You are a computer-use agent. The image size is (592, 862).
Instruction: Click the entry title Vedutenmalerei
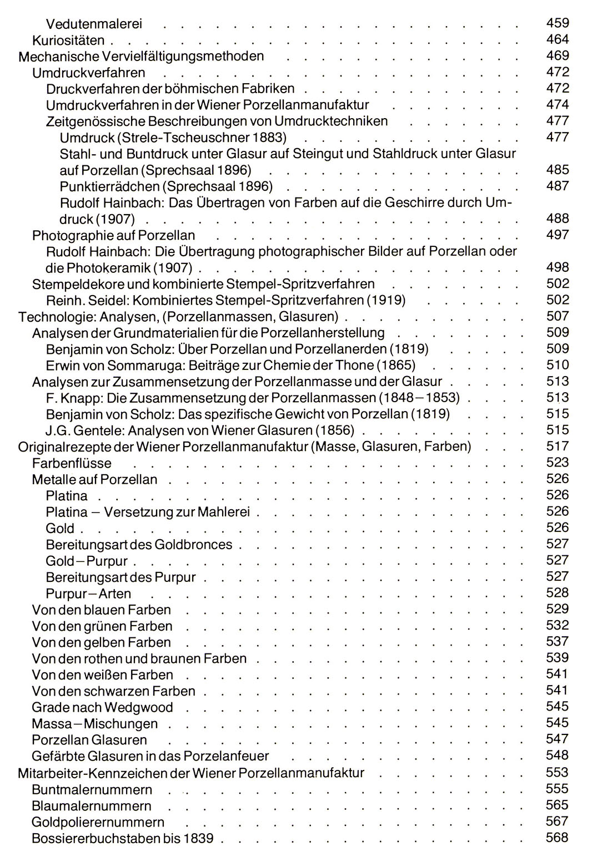click(94, 24)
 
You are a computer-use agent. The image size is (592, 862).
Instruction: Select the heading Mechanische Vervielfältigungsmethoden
click(141, 56)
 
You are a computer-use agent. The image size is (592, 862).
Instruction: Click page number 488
click(557, 218)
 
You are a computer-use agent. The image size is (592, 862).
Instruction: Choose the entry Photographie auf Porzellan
click(113, 235)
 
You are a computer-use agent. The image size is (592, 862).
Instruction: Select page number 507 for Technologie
click(557, 316)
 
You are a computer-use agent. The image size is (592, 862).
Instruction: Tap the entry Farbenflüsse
click(72, 463)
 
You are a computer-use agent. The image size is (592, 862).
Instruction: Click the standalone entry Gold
click(60, 528)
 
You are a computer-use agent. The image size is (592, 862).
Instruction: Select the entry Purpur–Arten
click(88, 594)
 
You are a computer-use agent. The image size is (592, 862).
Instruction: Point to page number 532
click(557, 625)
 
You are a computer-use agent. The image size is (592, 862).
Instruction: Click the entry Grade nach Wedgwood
click(102, 707)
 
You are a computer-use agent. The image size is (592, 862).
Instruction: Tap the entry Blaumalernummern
click(92, 805)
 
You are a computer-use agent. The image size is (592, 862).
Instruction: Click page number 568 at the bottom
click(557, 838)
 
